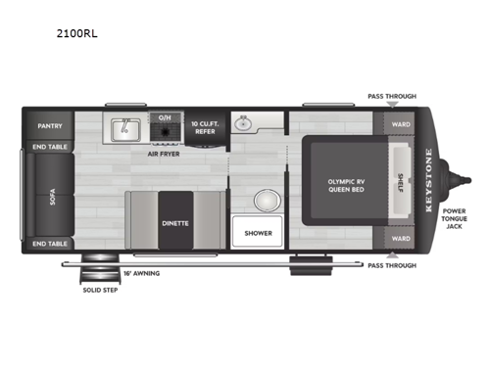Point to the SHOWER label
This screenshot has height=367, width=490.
tap(258, 233)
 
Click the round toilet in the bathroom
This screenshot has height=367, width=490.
tap(265, 201)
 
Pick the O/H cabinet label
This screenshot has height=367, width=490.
tap(165, 117)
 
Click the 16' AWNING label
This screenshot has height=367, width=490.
tap(139, 272)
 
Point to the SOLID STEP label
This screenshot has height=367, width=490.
tap(97, 289)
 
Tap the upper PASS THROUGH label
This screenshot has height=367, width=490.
tap(391, 96)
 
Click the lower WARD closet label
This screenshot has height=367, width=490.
tap(399, 238)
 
